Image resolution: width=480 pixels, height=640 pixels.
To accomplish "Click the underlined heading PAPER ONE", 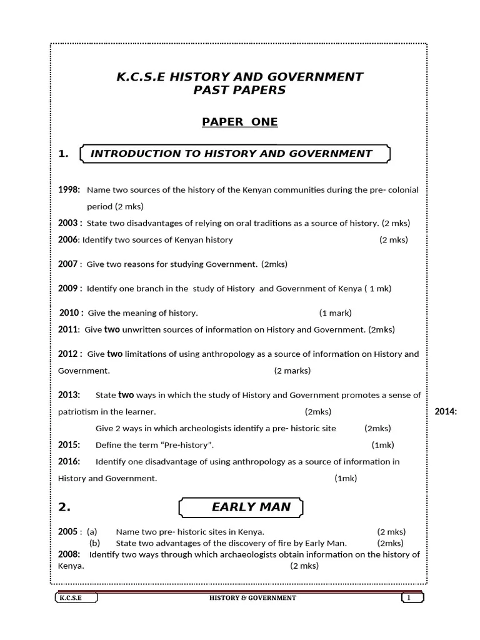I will (x=239, y=122).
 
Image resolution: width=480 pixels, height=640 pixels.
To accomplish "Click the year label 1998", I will (x=68, y=189).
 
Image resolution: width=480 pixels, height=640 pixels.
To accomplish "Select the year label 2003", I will (x=68, y=223).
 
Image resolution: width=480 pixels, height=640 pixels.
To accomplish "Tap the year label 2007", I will (x=68, y=264).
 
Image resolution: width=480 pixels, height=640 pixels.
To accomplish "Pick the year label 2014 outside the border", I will (x=446, y=412).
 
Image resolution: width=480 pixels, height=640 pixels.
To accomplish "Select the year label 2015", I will (x=69, y=445).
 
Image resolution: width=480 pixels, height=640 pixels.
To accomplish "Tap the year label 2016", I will (x=69, y=462).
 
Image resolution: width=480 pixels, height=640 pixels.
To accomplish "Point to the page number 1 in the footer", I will (x=409, y=598).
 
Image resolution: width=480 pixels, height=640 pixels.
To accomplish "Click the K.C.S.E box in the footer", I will (x=68, y=598).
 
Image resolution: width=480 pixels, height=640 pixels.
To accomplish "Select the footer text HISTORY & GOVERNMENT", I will (x=252, y=598).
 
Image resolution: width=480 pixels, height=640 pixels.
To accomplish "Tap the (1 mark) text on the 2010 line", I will (x=335, y=313).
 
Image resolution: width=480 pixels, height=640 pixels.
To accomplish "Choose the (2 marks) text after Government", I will (x=292, y=371).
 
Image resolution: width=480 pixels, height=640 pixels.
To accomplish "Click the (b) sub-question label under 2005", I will (x=94, y=543).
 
